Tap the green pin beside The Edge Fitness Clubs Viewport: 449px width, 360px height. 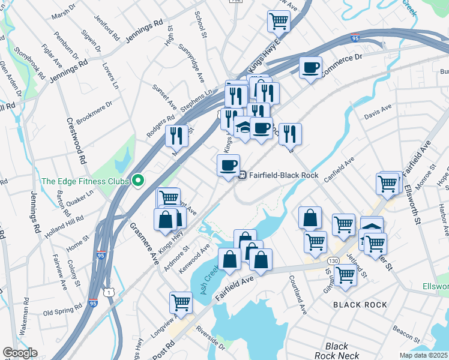tap(138, 180)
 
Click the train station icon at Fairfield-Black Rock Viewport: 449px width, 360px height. tap(243, 175)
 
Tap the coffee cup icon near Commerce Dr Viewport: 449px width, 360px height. tap(310, 68)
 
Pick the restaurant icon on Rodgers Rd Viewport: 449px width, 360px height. tap(176, 137)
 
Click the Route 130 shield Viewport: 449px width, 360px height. tap(333, 261)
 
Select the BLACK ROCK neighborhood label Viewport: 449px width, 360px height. tap(360, 305)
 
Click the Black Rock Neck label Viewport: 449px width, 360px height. tap(336, 351)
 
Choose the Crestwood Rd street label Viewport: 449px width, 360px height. tap(79, 140)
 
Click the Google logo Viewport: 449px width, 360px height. tap(20, 353)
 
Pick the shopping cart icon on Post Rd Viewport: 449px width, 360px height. tap(181, 304)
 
